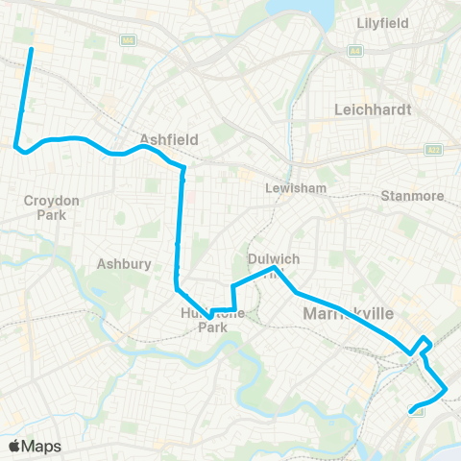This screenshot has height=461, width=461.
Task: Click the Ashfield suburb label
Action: (168, 139)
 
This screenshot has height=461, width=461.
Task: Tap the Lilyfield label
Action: (382, 22)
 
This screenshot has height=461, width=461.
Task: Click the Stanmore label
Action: (412, 196)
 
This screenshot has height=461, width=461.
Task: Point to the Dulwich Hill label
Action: (275, 265)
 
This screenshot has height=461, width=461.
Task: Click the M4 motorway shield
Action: (127, 40)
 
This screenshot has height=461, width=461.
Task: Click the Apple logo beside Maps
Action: (15, 446)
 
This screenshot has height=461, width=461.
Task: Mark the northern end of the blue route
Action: (31, 48)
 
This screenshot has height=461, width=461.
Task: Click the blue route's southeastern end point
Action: (413, 412)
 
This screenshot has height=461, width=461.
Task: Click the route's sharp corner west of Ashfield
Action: (16, 146)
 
